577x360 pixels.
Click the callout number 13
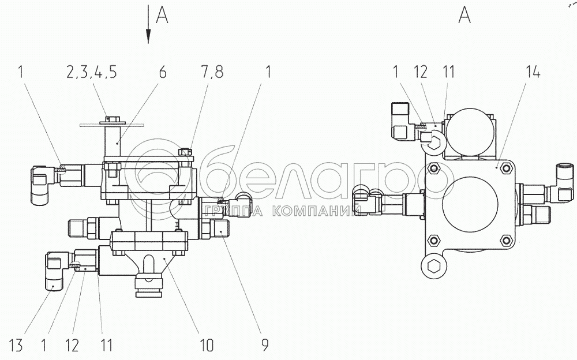click(x=16, y=346)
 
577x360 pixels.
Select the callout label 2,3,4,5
click(x=92, y=72)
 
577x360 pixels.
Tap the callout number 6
click(x=162, y=72)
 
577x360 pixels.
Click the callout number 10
click(x=207, y=345)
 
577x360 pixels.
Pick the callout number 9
click(x=265, y=345)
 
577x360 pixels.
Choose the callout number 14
click(x=533, y=72)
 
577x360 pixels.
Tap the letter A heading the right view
click(x=464, y=15)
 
